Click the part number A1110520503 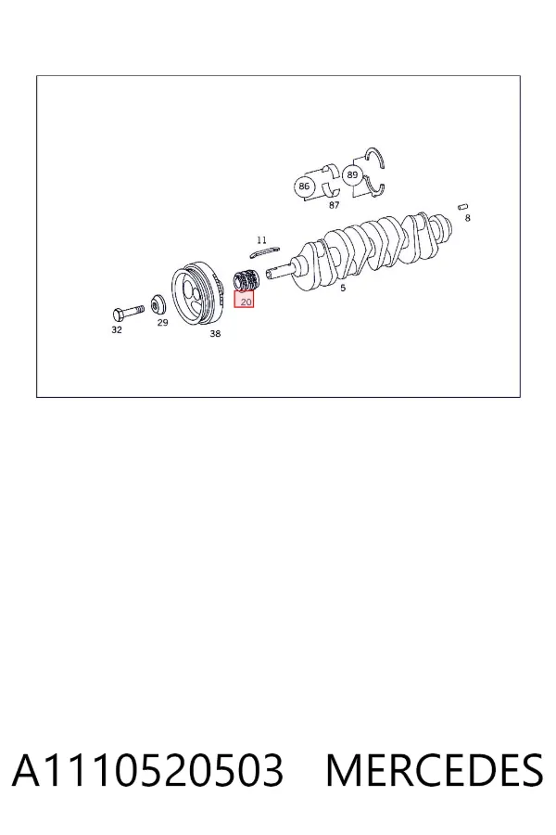click(148, 770)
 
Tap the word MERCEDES click(435, 770)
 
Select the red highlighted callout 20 click(245, 301)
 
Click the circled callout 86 click(304, 186)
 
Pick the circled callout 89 click(352, 174)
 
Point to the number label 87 click(335, 205)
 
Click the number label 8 click(468, 218)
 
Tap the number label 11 click(261, 240)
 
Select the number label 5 click(343, 289)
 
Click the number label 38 click(215, 334)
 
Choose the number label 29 click(162, 323)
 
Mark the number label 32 click(117, 330)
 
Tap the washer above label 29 click(158, 304)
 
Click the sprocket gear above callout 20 click(246, 280)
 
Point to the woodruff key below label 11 click(264, 251)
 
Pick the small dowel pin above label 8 click(463, 207)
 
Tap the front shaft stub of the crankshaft click(279, 273)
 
